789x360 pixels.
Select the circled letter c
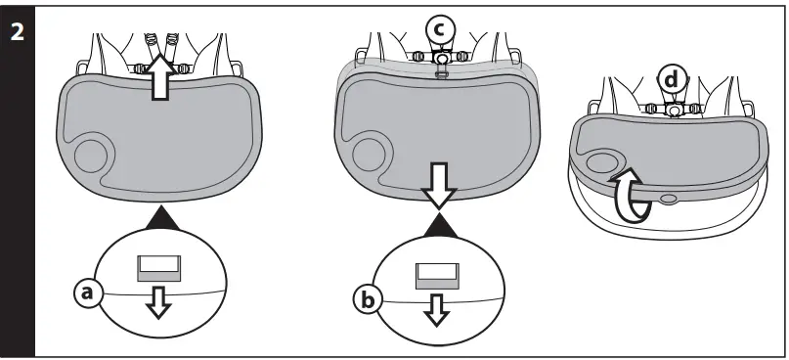440,30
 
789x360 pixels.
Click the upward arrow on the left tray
162,77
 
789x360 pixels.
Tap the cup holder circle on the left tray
94,156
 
